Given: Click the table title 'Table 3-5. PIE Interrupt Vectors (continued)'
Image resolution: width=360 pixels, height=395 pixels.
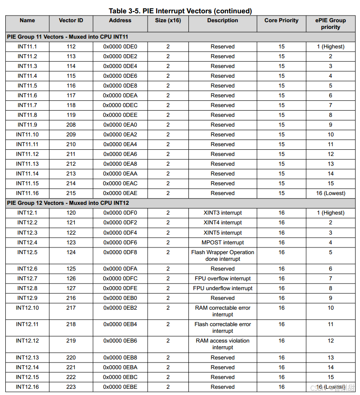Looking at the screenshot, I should [180, 11].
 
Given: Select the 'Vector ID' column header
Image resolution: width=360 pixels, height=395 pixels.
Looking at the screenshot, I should [71, 20].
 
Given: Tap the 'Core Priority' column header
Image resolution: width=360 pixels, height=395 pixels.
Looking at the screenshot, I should [281, 20].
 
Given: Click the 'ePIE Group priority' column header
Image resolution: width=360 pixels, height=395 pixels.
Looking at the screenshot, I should [330, 24].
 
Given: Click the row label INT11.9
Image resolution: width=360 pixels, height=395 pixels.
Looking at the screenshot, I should [27, 125].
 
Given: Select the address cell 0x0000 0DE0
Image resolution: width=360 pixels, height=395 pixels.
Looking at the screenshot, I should [120, 47].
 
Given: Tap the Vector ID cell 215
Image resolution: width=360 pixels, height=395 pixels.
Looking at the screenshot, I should [71, 193].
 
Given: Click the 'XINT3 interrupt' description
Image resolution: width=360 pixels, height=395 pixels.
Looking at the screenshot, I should [223, 213].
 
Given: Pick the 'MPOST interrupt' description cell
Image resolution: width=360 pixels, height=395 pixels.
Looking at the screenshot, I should [223, 243].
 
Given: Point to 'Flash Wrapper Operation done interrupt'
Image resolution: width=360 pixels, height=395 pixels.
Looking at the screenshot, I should [223, 255].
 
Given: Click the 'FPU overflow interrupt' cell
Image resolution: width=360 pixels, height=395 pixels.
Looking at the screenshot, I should [223, 279].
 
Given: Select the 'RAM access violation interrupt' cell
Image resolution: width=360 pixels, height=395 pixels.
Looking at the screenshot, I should [223, 344].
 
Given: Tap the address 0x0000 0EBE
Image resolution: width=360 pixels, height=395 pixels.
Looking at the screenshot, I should [120, 387].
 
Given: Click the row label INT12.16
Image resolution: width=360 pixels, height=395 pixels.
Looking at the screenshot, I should [27, 387].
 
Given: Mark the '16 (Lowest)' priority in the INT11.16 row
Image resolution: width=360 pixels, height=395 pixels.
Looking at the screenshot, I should [330, 193].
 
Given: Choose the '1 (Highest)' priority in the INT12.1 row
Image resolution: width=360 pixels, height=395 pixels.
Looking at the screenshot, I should [330, 213].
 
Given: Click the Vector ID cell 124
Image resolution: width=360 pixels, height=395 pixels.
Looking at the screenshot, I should [71, 252].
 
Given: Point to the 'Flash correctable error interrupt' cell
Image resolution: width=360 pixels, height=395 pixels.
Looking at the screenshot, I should [223, 327].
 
